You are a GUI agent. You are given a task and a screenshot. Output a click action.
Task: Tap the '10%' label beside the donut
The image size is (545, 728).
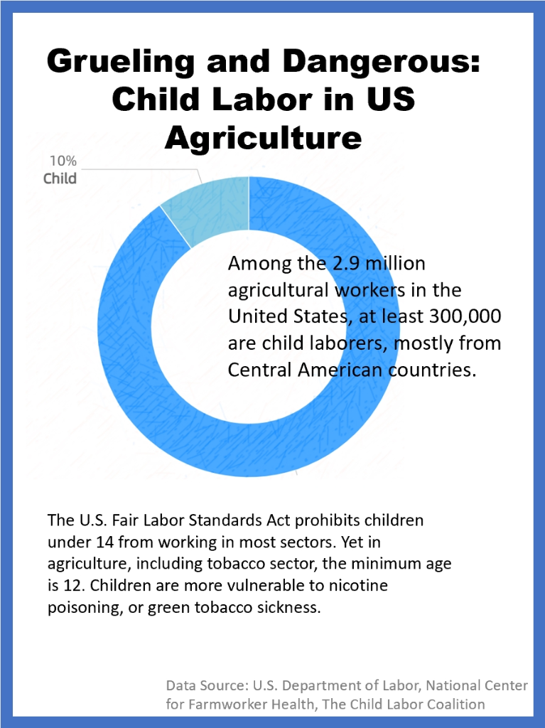63,161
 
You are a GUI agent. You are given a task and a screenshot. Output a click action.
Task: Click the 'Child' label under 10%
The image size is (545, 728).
60,178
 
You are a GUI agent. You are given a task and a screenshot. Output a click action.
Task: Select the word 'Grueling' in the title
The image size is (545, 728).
120,63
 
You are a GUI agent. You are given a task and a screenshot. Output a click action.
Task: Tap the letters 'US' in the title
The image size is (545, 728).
389,100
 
